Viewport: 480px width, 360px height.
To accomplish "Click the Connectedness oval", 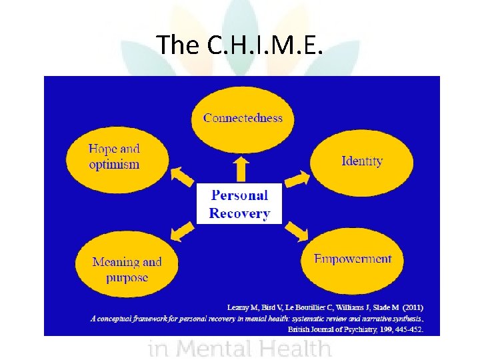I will (243, 119).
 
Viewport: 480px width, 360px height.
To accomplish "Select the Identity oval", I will (361, 161).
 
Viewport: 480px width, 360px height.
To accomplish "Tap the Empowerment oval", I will (353, 259).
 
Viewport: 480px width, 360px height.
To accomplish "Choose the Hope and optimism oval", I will (114, 157).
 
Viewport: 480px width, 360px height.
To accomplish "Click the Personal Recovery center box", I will (239, 204).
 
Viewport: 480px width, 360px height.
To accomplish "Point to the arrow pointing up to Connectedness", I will (241, 169).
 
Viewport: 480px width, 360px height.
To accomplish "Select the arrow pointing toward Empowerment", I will (297, 230).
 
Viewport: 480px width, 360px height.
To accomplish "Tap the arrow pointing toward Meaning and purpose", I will (182, 231).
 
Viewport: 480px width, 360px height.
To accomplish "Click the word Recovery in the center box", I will (239, 214).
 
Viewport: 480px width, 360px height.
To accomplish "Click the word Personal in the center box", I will (239, 195).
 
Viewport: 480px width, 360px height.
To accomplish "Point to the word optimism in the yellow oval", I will (114, 165).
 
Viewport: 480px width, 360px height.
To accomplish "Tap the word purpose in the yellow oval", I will (127, 277).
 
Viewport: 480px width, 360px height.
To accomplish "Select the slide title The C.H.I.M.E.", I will (240, 45).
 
